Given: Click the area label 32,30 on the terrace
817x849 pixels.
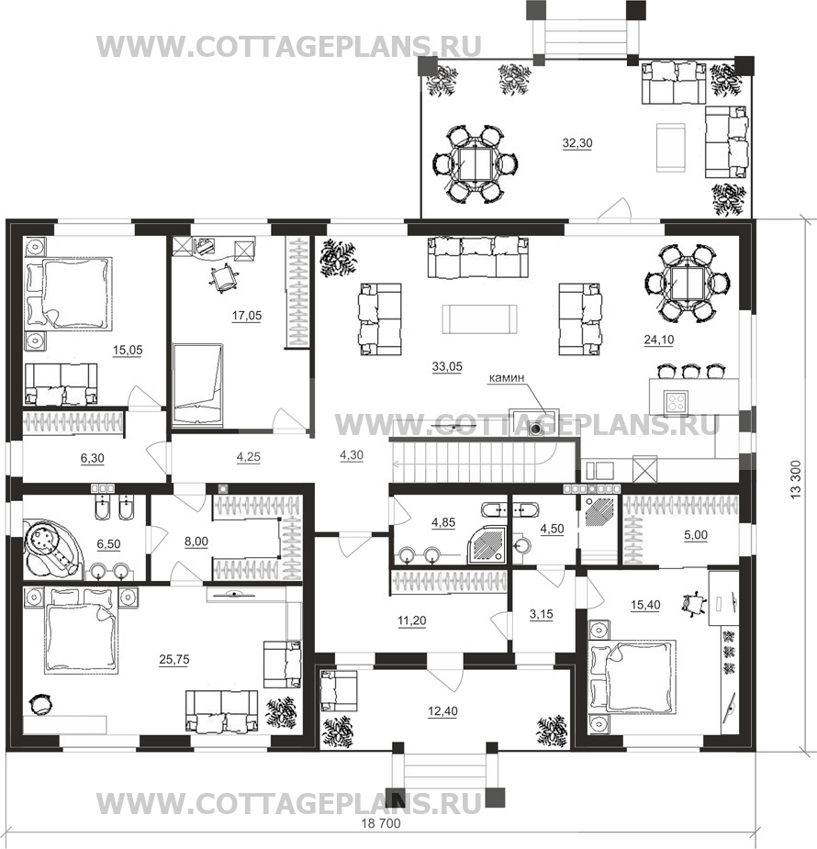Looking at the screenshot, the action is (577, 143).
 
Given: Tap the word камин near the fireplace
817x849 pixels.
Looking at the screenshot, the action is (506, 377).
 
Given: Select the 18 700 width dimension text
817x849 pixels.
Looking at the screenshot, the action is (381, 823).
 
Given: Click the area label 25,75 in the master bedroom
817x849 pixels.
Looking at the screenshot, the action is (174, 659).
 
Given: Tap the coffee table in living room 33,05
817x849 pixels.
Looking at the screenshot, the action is (479, 318).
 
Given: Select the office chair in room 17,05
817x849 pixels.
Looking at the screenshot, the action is (224, 278).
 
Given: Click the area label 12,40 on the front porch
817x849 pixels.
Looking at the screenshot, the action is (442, 711).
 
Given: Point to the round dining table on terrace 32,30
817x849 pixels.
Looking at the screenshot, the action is (475, 164).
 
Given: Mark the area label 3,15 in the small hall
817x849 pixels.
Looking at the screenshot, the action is (542, 614).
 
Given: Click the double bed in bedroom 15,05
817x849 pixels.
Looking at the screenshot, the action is (68, 294).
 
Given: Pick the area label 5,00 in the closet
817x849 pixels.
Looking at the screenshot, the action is (696, 535).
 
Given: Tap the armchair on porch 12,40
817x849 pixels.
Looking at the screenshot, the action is (339, 690).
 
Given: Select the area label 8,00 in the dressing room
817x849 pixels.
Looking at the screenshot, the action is (196, 542).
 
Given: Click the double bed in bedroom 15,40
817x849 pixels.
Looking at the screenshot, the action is (632, 676).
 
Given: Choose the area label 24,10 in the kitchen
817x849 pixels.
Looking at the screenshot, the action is (659, 340).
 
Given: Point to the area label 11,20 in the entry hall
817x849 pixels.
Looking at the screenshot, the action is (412, 620).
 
